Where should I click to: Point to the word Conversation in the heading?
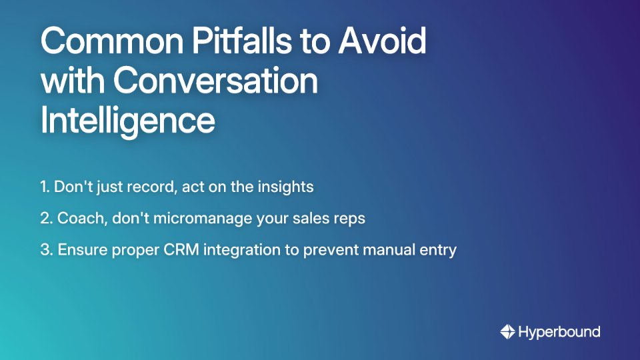[215, 81]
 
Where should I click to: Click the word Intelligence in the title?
[127, 121]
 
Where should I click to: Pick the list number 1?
[45, 187]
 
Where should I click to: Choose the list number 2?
[45, 219]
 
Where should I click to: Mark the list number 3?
[46, 250]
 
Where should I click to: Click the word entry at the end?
[440, 250]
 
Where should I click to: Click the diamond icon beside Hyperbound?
[508, 331]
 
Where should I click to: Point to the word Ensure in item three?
[80, 250]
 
